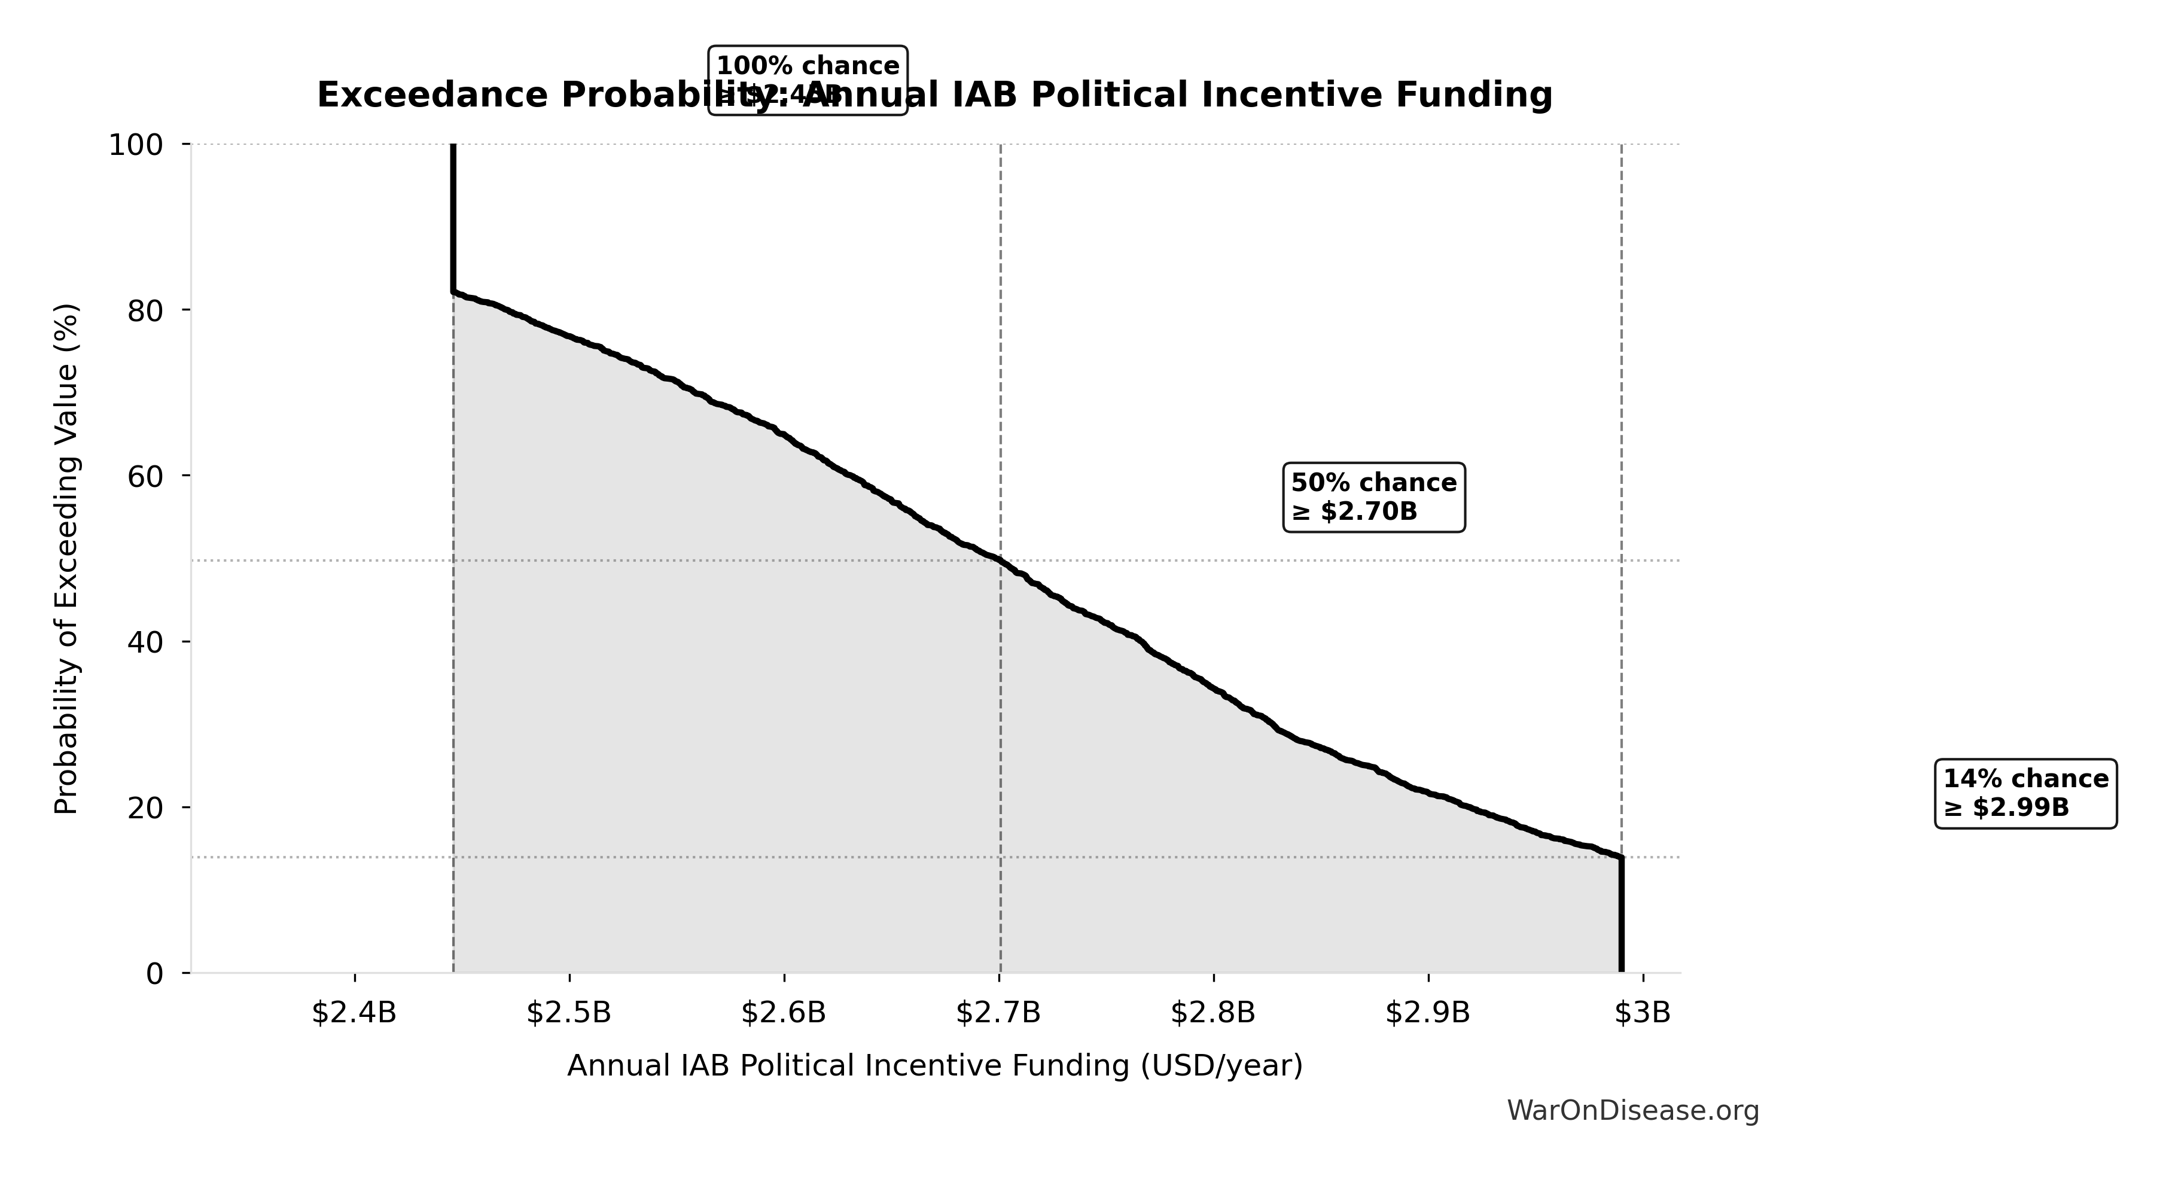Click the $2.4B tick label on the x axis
click(354, 1013)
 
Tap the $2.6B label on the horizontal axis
click(784, 1013)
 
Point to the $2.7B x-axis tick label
click(998, 1013)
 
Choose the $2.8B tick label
click(1213, 1013)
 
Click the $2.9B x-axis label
click(1427, 1013)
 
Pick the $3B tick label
click(1643, 1013)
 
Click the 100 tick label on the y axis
click(135, 145)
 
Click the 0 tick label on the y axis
click(154, 974)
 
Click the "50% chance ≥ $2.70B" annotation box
click(1373, 497)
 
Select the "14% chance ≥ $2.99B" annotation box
click(2025, 794)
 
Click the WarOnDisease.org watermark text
click(1632, 1111)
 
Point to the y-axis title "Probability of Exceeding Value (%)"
click(66, 559)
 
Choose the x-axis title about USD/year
click(934, 1065)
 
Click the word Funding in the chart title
click(1474, 95)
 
